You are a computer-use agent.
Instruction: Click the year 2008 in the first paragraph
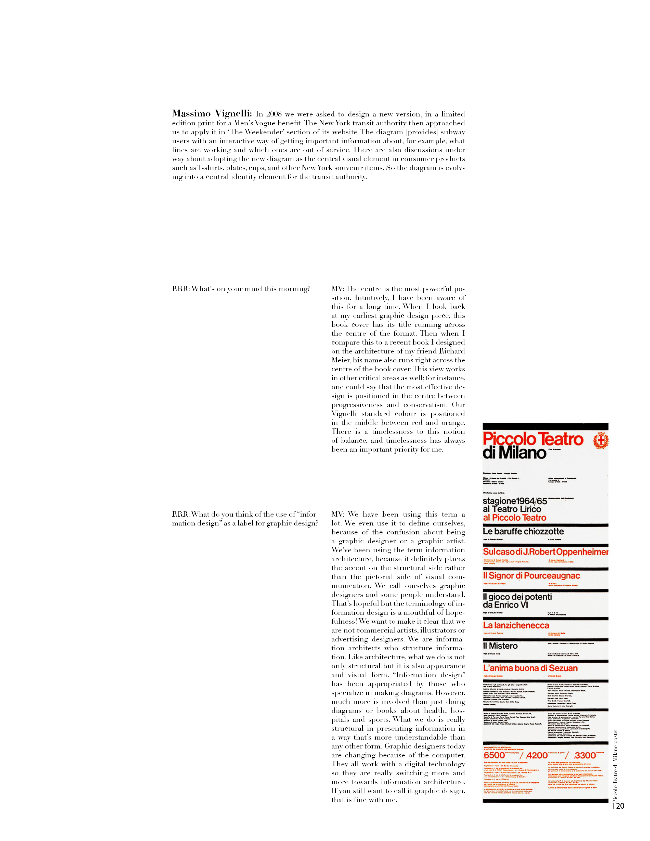[x=274, y=114]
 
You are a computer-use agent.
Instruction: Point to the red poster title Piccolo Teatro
[x=533, y=439]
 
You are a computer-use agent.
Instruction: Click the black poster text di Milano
[x=514, y=453]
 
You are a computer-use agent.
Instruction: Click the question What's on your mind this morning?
[x=241, y=289]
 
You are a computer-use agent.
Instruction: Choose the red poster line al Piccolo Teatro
[x=514, y=518]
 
